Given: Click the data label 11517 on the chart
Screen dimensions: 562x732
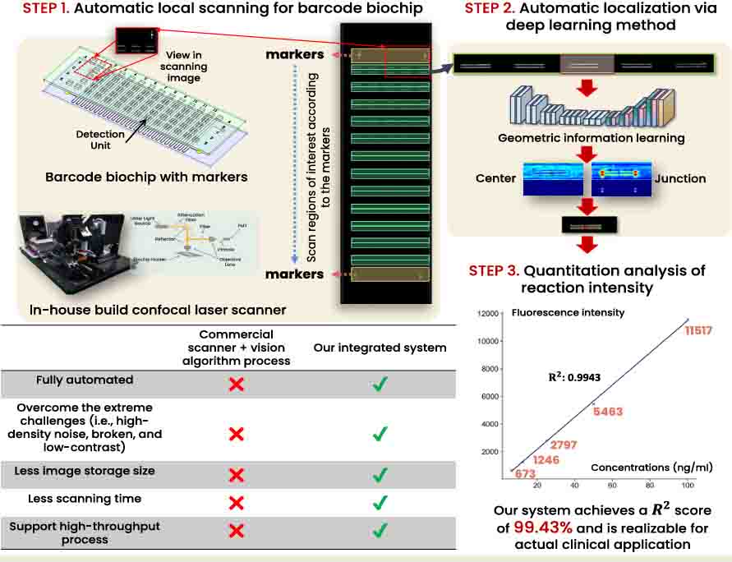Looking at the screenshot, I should (698, 331).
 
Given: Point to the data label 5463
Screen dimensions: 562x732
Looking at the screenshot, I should (609, 411).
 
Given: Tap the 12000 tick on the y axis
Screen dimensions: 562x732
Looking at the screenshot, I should (490, 313).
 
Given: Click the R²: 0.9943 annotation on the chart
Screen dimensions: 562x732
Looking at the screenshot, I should (575, 376).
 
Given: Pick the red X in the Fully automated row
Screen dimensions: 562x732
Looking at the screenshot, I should (236, 384).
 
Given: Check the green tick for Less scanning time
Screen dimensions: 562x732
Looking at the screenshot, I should (380, 501).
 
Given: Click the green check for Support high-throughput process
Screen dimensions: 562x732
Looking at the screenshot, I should (380, 530).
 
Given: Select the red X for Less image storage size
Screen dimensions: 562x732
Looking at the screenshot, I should (236, 474).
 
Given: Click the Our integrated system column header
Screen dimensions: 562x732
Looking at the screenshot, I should (380, 348).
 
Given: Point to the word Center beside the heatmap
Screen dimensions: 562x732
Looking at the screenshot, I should (496, 177).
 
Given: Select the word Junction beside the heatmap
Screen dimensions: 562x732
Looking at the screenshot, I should (680, 177).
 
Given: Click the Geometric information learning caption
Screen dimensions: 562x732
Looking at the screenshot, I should (591, 138).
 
